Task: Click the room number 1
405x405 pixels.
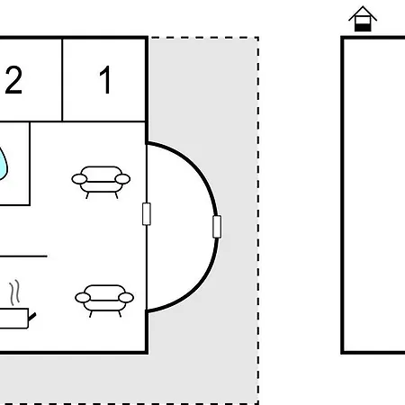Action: [x=105, y=79]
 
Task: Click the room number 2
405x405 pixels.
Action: [x=13, y=80]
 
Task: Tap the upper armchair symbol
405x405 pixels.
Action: [x=101, y=182]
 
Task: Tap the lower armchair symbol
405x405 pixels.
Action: [x=104, y=301]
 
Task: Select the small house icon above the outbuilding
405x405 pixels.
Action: [x=363, y=19]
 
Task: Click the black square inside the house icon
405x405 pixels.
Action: [x=363, y=28]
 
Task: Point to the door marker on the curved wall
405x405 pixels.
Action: [x=217, y=227]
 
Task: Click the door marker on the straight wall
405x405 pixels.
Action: [x=147, y=214]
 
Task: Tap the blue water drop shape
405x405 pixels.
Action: [x=3, y=165]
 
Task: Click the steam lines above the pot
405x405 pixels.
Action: [x=14, y=292]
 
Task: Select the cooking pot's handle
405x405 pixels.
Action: [x=31, y=317]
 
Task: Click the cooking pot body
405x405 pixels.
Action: [x=13, y=318]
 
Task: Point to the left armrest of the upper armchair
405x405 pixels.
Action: [x=79, y=179]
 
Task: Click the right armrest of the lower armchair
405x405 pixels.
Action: [x=126, y=298]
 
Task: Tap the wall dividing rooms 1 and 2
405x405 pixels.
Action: [x=62, y=80]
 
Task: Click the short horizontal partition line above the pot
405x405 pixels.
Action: [x=23, y=256]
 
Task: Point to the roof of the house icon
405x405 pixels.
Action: [x=363, y=13]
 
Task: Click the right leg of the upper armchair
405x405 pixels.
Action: [x=116, y=195]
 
